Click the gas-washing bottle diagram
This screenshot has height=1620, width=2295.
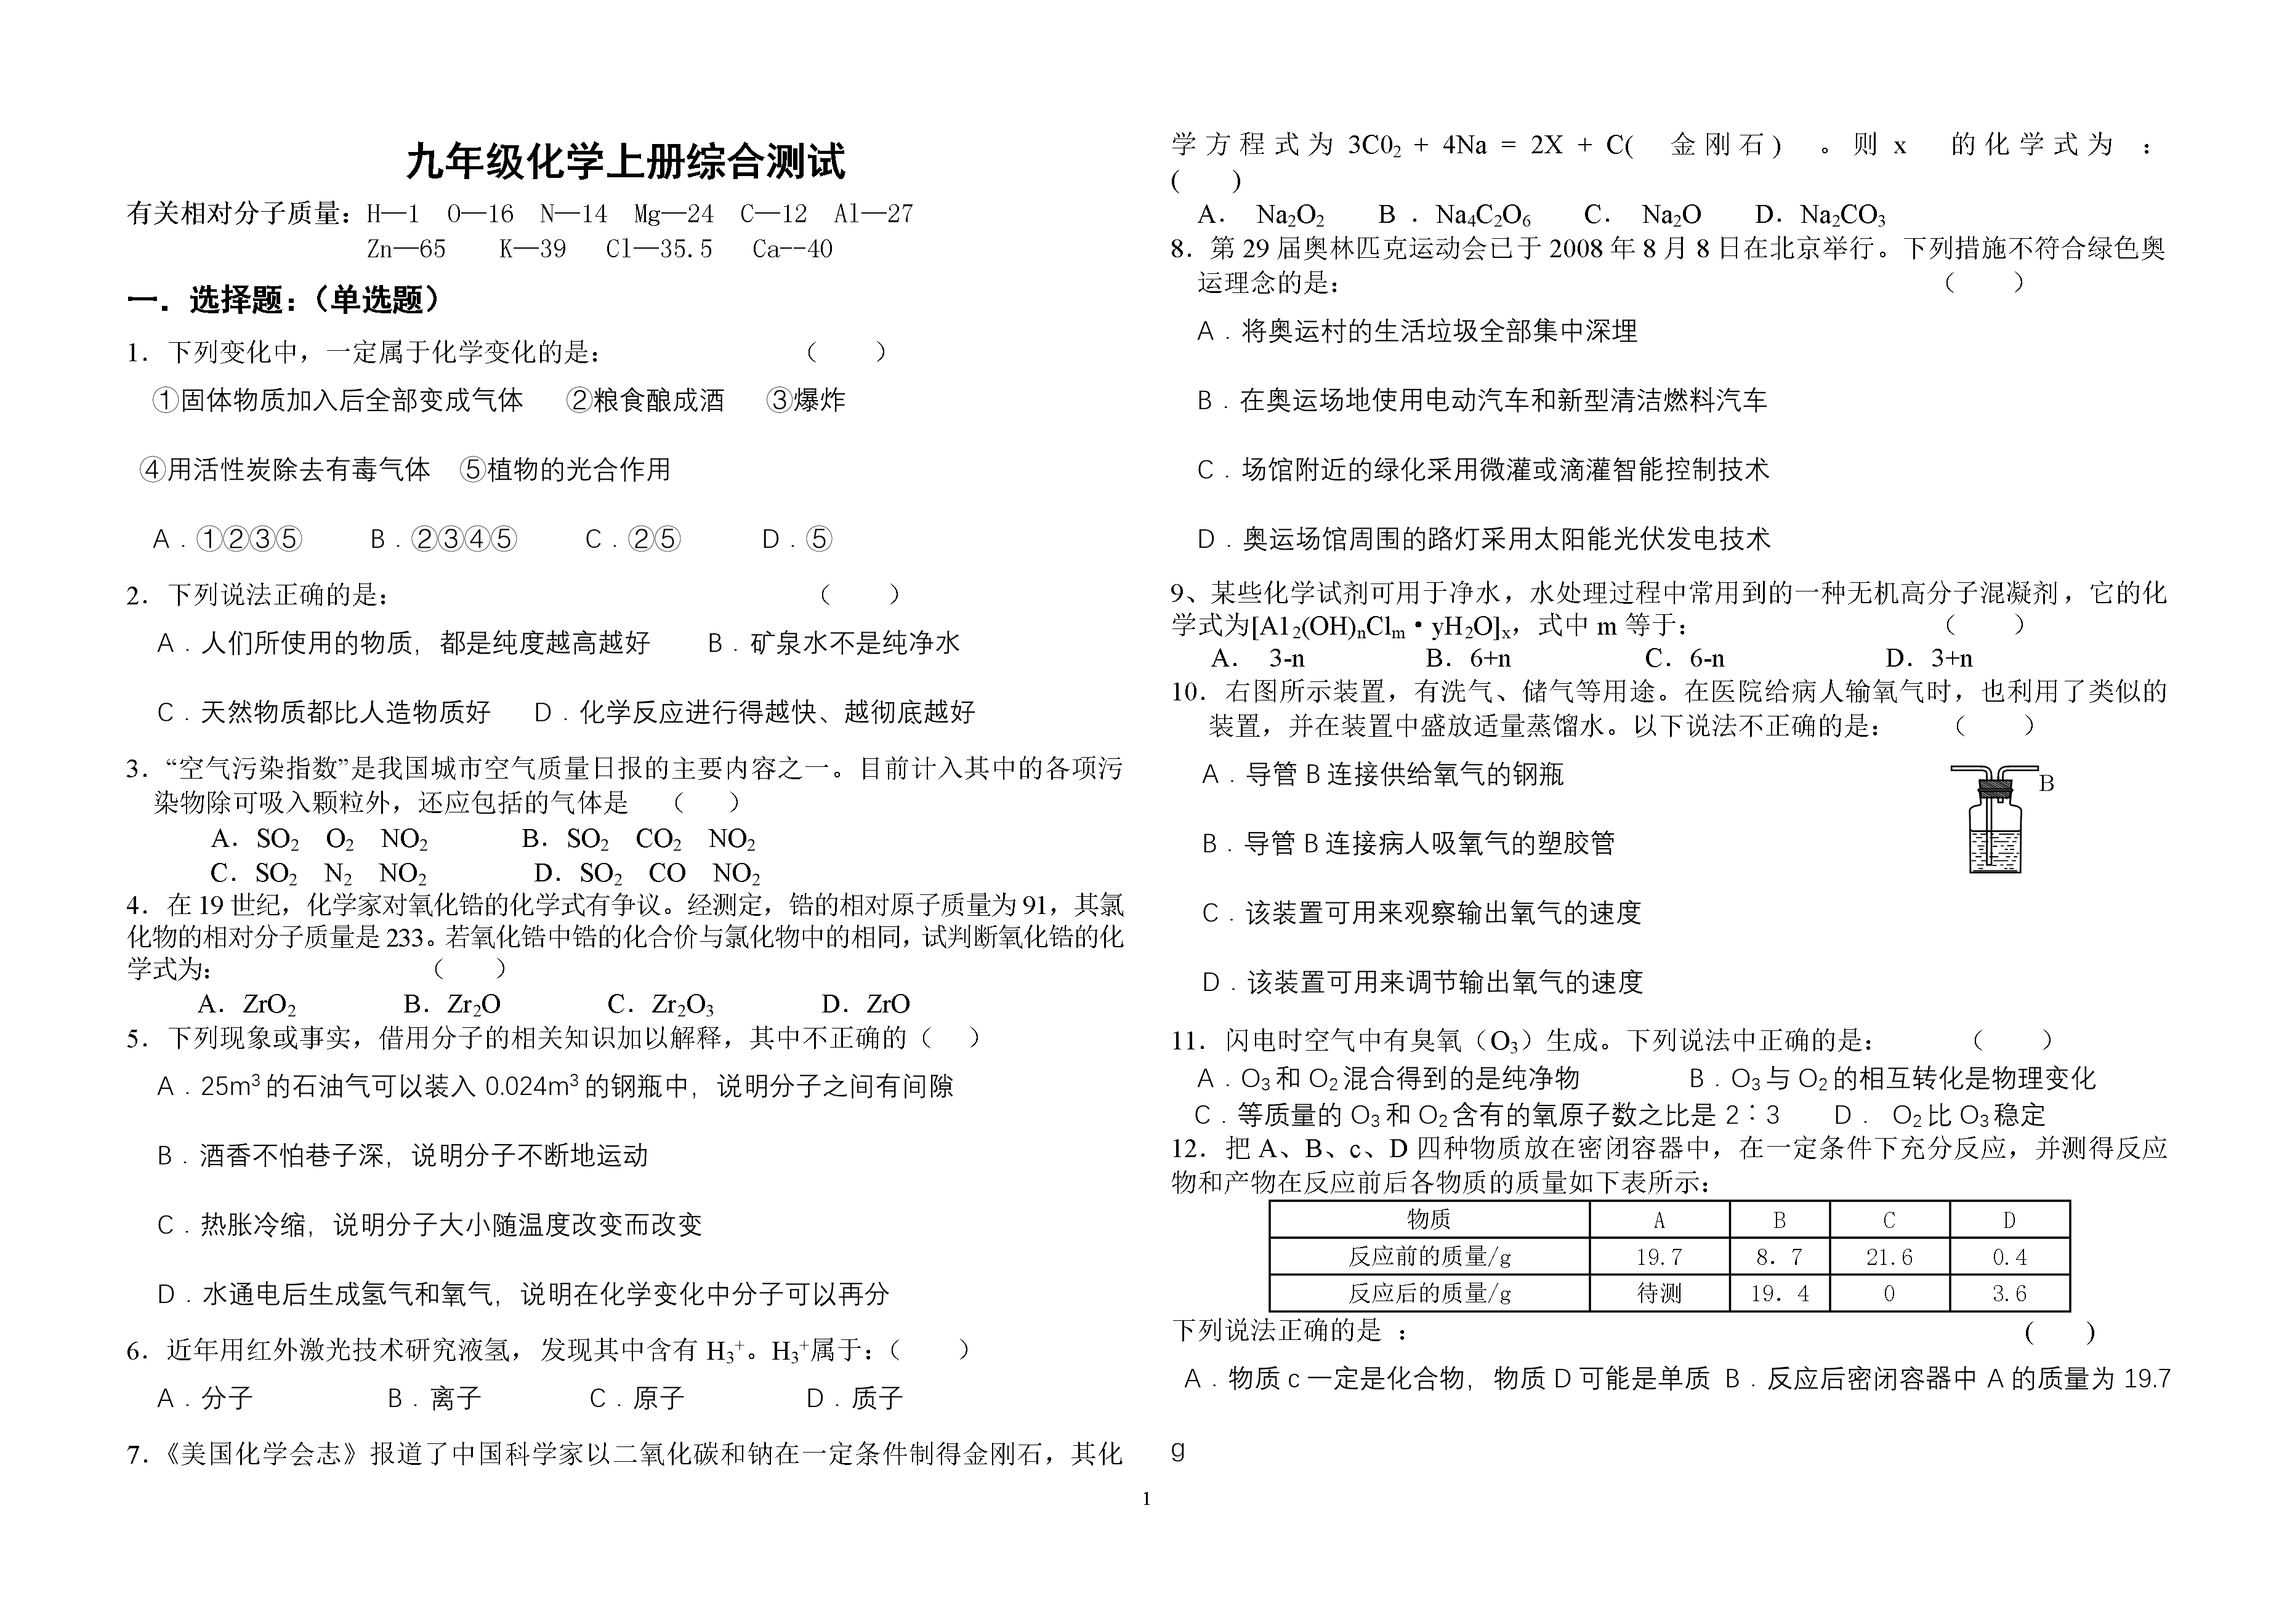click(1994, 819)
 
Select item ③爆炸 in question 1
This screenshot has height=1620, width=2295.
click(805, 401)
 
